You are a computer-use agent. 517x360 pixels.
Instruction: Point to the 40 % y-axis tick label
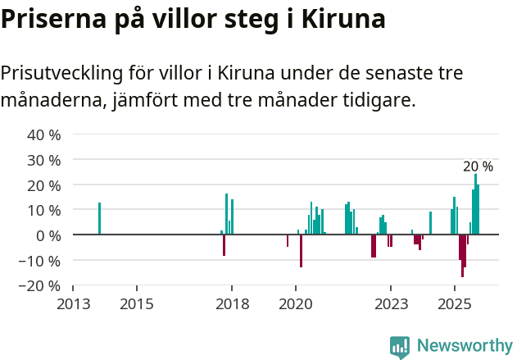(x=44, y=134)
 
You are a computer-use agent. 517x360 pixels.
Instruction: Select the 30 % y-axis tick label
(x=44, y=160)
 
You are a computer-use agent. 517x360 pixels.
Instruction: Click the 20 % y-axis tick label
(x=44, y=185)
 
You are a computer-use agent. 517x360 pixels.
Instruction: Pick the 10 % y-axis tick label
(x=44, y=210)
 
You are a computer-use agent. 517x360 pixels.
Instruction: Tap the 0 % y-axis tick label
(x=48, y=235)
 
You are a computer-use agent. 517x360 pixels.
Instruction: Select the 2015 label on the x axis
(x=137, y=303)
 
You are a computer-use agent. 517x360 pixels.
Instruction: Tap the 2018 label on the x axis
(x=232, y=303)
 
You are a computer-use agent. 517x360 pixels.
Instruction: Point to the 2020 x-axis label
(x=295, y=303)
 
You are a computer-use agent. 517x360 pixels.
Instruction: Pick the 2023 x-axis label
(x=390, y=303)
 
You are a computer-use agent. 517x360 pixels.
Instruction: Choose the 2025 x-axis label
(x=454, y=303)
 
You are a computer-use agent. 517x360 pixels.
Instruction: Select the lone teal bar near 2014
(x=99, y=218)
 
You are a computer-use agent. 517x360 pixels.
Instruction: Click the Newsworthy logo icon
(x=400, y=347)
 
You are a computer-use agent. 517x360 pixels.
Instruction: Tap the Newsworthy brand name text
(x=464, y=347)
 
